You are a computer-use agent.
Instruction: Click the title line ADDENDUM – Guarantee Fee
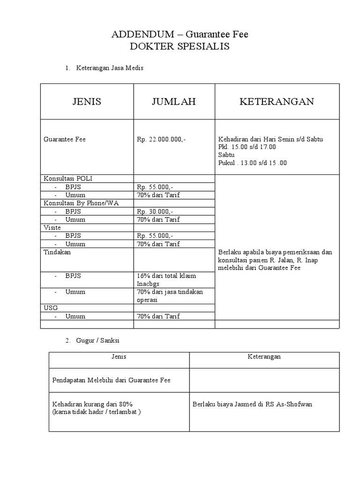(180, 34)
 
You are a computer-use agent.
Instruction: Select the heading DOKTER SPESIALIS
(180, 47)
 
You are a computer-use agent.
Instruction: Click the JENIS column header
(87, 102)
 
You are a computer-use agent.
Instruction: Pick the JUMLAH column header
(173, 102)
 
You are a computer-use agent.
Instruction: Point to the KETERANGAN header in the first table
(277, 102)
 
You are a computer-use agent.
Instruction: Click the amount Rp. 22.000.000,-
(162, 139)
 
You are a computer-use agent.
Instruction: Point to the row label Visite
(52, 227)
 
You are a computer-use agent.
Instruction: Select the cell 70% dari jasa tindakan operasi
(169, 296)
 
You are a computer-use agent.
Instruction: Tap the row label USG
(50, 308)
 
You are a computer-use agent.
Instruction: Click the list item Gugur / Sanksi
(99, 340)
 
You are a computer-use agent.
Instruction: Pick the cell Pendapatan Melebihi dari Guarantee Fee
(111, 380)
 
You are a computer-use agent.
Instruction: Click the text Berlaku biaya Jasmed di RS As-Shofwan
(252, 404)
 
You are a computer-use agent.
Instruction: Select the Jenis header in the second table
(119, 357)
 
